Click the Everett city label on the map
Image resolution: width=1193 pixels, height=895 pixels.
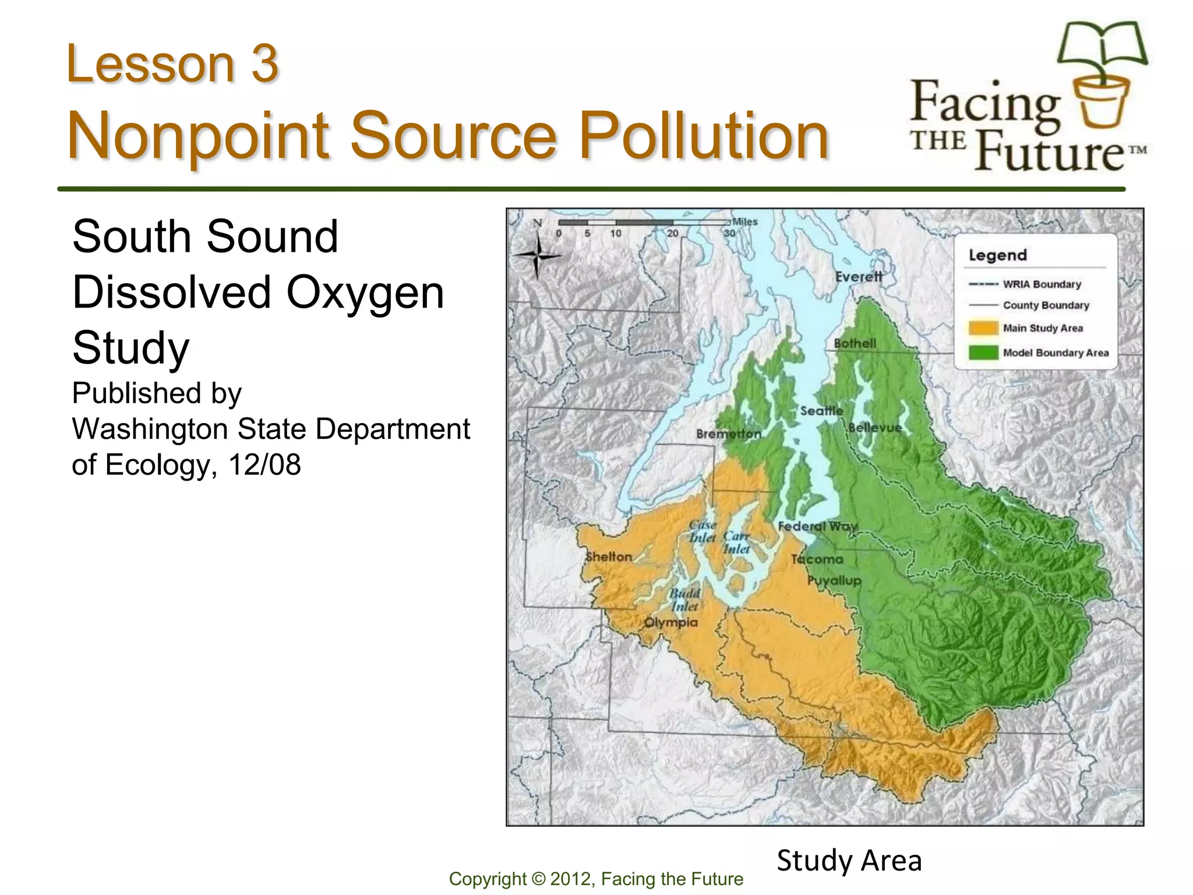point(859,277)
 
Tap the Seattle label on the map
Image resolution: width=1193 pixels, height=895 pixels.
point(821,411)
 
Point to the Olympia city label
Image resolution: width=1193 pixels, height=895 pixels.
point(670,622)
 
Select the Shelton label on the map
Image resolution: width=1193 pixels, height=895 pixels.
point(609,556)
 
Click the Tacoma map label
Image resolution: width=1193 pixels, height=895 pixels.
point(817,559)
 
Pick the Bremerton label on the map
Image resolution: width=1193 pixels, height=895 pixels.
point(729,434)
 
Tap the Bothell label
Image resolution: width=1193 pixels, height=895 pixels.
point(855,343)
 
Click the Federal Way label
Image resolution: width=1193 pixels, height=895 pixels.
point(817,526)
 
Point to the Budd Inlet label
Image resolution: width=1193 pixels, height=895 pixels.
point(684,600)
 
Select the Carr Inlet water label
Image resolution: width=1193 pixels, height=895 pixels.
point(736,542)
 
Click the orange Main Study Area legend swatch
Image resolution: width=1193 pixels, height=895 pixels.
point(983,329)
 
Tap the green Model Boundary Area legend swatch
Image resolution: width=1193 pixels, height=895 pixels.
point(983,353)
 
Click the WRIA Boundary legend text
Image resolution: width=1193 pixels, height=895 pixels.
point(1042,284)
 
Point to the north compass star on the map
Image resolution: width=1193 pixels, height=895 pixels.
point(538,255)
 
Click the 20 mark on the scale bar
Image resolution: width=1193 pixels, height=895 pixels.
point(672,233)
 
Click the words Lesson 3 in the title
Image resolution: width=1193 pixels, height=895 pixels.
point(172,64)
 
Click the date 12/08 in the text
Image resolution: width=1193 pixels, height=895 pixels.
point(264,465)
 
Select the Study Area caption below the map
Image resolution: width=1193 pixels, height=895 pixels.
point(849,861)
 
